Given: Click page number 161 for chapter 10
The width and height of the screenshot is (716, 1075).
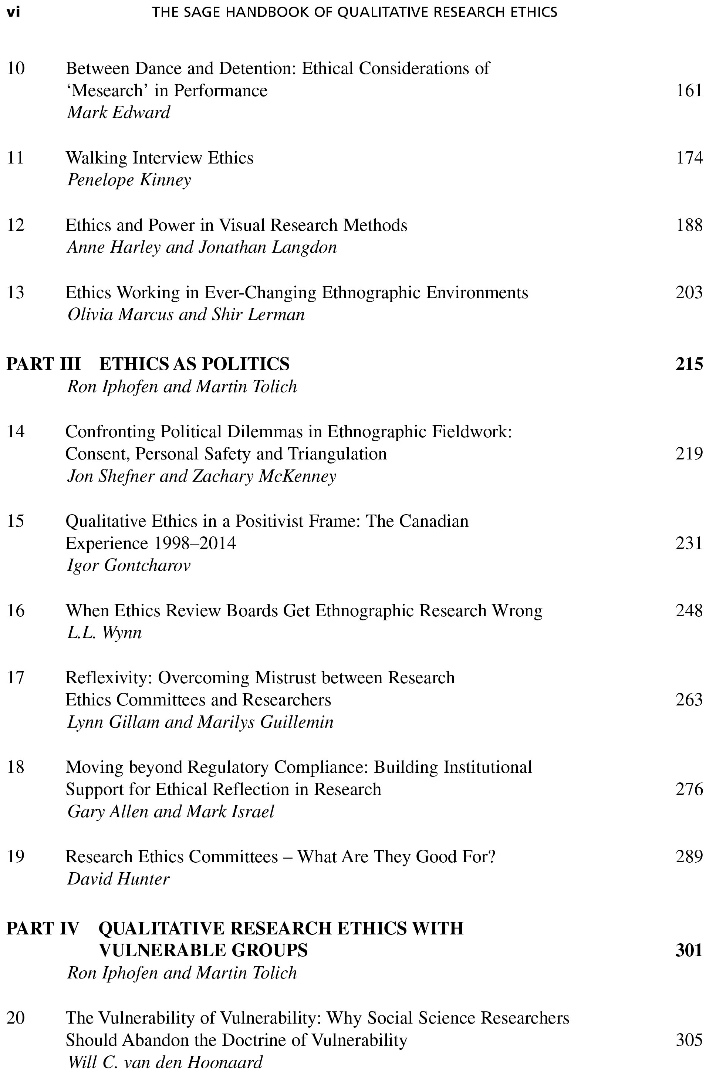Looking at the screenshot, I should (689, 90).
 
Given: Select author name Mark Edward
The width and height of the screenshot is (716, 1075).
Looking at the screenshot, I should (119, 112).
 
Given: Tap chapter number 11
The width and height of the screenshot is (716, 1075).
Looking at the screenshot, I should (16, 158).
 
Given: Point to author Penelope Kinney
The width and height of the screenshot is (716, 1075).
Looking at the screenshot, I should (129, 180).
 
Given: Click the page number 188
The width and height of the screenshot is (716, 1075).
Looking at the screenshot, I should (689, 225).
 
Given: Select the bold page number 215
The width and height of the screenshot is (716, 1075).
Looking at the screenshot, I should (689, 364).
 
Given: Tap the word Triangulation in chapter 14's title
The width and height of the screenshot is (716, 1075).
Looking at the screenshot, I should (337, 454).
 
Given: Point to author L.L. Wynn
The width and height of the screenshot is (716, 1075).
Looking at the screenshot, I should (105, 633).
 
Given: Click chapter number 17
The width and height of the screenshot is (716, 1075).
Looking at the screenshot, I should (16, 678).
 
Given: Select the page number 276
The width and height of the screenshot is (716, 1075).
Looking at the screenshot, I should (689, 789).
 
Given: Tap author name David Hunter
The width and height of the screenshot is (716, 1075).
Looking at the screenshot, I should (118, 879).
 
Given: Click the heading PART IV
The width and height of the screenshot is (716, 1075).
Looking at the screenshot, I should (43, 929).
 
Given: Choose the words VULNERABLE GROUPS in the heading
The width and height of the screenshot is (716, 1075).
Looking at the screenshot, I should (203, 951).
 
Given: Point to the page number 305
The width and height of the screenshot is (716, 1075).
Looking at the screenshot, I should (689, 1040).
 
